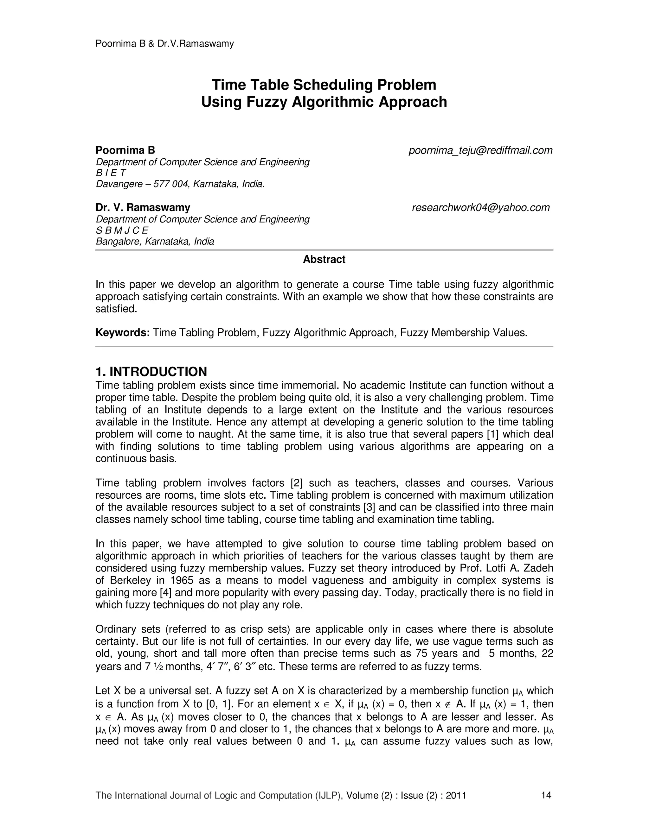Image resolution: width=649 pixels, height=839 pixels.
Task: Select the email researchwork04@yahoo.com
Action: (481, 207)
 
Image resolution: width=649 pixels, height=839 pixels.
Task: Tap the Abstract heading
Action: (324, 259)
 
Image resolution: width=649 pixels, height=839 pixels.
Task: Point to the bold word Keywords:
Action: (122, 332)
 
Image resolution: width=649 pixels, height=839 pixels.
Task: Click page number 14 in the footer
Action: (546, 795)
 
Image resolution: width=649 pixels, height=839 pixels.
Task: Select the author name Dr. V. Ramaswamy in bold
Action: (143, 207)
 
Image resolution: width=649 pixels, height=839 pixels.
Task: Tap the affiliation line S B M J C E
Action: (122, 230)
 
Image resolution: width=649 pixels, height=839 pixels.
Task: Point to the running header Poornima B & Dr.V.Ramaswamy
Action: (164, 44)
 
